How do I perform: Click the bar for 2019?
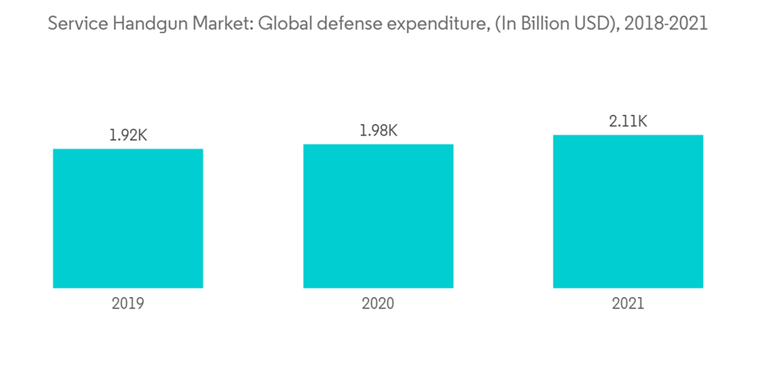pos(128,218)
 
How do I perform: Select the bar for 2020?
pos(378,216)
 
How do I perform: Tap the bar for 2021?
pos(628,211)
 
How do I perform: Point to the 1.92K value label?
pos(128,136)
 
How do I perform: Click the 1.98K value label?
pos(378,131)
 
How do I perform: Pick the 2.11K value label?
pos(628,121)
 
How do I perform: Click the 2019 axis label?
pos(128,303)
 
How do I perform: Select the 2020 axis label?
pos(378,303)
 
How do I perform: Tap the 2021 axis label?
pos(628,303)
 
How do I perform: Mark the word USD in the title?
pos(594,24)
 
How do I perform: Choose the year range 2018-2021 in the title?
pos(666,24)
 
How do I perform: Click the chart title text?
pos(378,24)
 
